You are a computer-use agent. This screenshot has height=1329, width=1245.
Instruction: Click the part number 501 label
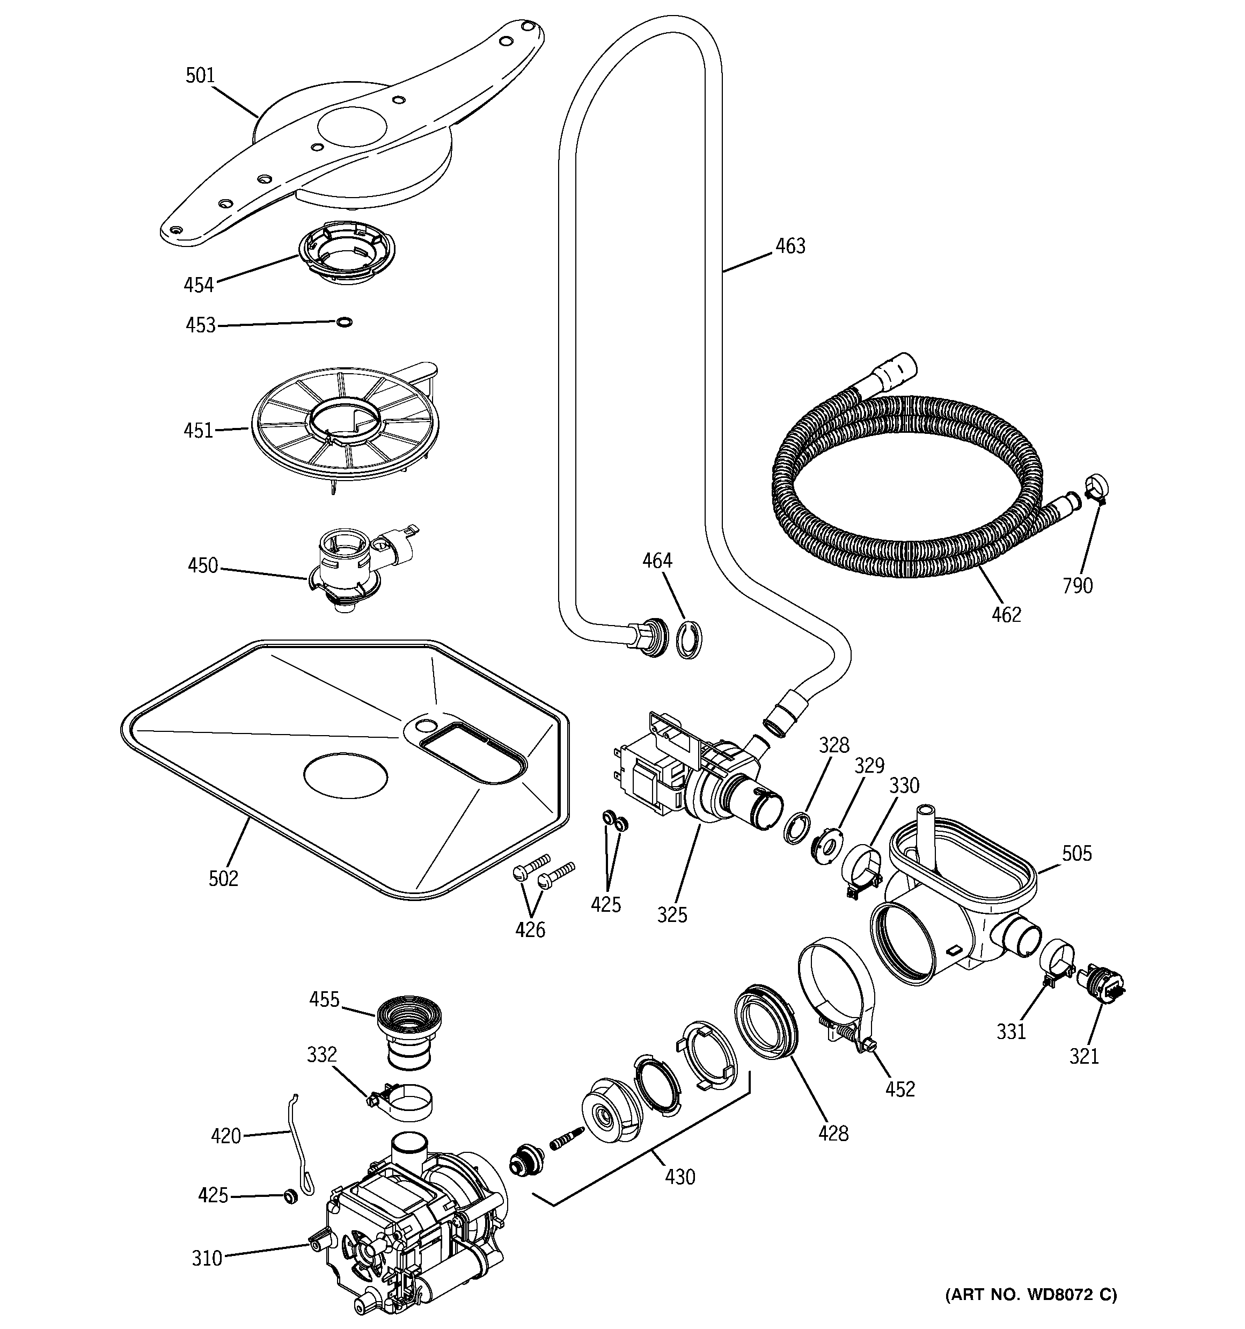200,76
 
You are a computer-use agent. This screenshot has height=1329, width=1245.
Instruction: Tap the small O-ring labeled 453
344,322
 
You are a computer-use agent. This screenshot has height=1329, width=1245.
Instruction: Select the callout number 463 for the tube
790,246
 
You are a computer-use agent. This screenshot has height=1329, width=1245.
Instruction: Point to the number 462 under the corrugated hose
1006,614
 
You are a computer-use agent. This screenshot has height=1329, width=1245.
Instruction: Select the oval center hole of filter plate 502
346,775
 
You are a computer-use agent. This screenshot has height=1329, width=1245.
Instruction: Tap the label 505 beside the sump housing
1076,854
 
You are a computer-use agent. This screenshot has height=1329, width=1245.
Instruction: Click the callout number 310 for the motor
207,1259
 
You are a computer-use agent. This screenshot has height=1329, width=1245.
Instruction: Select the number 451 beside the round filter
199,431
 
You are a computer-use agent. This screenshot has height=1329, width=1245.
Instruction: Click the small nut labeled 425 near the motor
290,1195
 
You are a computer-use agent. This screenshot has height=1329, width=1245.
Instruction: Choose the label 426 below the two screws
530,930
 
